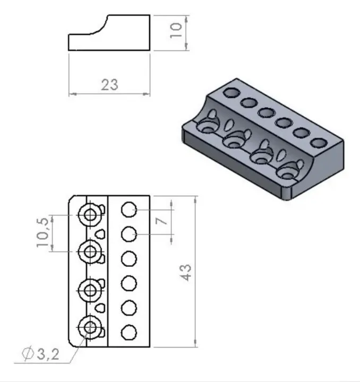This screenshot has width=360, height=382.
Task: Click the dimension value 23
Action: point(109,84)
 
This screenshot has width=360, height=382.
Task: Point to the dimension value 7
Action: point(162,219)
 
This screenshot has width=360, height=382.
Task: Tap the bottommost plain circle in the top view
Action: point(129,333)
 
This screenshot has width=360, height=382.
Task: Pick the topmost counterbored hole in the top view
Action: point(89,214)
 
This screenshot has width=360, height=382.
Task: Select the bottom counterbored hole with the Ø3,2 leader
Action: point(89,326)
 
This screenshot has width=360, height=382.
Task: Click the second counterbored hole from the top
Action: point(89,250)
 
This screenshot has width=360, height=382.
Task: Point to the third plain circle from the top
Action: point(129,259)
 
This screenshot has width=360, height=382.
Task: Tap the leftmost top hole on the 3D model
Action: point(230,93)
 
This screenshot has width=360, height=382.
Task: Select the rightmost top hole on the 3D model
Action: point(318,143)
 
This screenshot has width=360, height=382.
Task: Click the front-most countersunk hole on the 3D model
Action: point(287,172)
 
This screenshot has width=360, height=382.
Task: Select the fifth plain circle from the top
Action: point(129,308)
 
